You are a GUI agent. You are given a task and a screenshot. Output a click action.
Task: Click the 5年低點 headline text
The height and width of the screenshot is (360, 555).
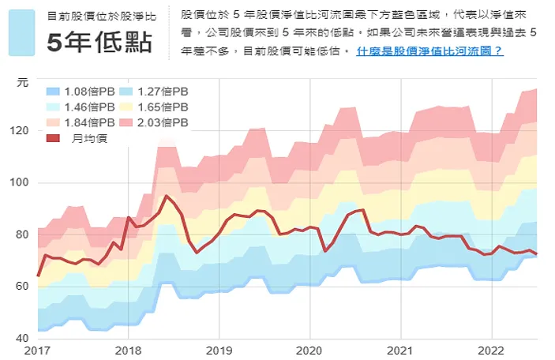(99, 43)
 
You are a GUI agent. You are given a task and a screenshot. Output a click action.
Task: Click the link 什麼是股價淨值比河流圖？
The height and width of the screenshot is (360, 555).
(429, 51)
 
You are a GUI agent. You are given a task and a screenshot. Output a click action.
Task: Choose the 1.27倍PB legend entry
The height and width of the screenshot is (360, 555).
(154, 92)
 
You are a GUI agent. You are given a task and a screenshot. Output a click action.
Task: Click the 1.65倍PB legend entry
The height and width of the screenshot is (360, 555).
(154, 107)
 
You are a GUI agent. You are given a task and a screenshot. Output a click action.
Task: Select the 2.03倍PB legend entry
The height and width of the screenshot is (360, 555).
(154, 122)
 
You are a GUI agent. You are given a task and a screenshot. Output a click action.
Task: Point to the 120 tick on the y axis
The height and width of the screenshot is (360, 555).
(21, 130)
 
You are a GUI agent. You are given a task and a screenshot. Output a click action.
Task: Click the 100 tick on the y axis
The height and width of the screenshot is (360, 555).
(21, 182)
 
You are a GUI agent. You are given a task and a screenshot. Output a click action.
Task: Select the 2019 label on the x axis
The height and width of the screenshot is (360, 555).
(219, 349)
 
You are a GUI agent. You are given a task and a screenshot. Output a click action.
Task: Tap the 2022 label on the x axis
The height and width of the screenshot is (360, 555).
(491, 349)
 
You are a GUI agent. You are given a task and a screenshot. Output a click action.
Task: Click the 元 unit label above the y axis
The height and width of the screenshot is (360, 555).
(22, 81)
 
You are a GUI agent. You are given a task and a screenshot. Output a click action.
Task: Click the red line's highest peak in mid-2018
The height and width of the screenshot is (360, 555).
(166, 196)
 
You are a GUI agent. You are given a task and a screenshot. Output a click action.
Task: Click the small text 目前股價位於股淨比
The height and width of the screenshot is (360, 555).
(99, 16)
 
